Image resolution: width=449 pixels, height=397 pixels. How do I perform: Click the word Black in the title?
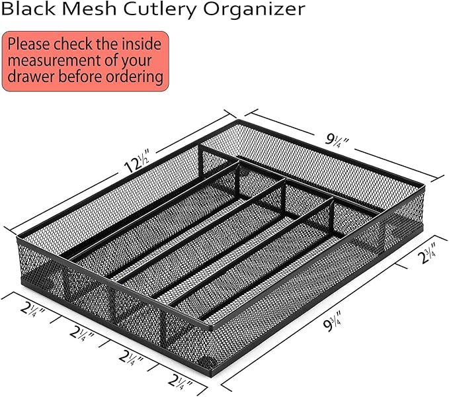28,9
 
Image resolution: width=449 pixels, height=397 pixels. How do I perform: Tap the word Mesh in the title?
89,9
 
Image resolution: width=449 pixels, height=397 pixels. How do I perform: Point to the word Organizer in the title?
254,11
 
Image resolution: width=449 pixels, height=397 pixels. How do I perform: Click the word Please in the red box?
29,44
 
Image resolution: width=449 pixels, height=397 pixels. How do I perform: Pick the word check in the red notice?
73,44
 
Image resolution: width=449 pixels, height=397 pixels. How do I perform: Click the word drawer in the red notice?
32,77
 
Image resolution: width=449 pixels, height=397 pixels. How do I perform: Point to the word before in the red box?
80,77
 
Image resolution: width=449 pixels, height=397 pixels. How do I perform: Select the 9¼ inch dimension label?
337,140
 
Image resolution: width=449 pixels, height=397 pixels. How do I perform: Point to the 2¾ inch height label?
428,253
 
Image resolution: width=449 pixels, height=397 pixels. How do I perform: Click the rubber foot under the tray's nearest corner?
208,361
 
